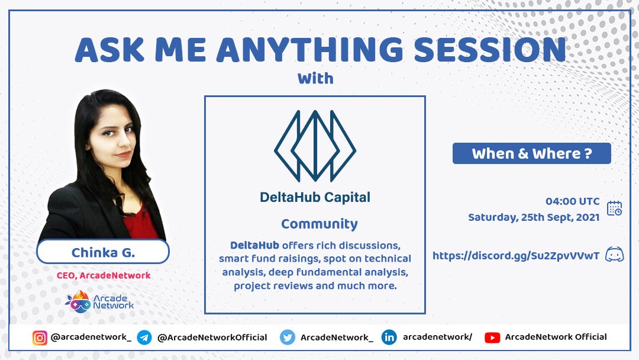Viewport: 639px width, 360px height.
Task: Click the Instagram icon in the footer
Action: (x=40, y=337)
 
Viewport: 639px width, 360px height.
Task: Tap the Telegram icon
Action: (x=144, y=337)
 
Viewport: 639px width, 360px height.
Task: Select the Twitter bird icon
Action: (x=288, y=337)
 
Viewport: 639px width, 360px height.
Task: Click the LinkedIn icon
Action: (x=389, y=337)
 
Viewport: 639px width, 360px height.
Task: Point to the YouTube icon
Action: (x=492, y=337)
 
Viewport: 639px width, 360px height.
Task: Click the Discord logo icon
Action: (x=615, y=255)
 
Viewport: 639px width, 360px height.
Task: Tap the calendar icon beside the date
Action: (x=615, y=208)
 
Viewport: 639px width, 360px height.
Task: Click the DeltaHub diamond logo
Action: (x=315, y=146)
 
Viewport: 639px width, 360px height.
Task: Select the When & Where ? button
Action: (x=532, y=153)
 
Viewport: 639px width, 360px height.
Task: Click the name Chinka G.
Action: (x=103, y=253)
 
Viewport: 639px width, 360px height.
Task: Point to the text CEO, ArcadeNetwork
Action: (x=104, y=275)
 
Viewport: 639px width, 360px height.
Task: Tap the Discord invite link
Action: (x=516, y=256)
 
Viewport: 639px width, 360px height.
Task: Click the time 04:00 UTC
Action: (x=573, y=201)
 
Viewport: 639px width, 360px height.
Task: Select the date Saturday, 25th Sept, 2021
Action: (x=534, y=217)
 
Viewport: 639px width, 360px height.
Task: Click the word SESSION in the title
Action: (x=490, y=50)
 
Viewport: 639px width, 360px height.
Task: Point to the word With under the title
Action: (x=315, y=78)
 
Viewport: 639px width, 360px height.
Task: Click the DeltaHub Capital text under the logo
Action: (x=315, y=197)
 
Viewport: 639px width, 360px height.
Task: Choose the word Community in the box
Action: (x=319, y=224)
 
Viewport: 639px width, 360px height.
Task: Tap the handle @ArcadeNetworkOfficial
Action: (x=212, y=337)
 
